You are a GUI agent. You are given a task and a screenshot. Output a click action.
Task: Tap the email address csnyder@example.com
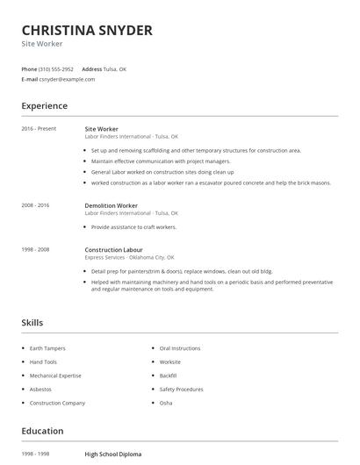[67, 79]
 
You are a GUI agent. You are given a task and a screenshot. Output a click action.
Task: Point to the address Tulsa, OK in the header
[116, 68]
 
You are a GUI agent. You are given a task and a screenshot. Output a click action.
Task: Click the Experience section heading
[44, 106]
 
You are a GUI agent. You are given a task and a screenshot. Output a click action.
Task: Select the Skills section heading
[32, 323]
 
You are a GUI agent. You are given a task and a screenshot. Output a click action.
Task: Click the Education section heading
[42, 431]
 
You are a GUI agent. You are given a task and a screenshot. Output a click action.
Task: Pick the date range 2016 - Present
[39, 129]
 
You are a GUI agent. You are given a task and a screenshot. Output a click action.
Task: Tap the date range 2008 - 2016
[35, 205]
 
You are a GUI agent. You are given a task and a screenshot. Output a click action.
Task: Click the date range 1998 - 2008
[35, 249]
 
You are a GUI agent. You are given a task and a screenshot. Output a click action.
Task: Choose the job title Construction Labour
[114, 249]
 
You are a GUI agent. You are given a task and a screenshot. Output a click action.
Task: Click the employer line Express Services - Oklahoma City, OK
[129, 258]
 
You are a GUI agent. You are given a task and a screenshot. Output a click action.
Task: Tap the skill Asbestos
[40, 389]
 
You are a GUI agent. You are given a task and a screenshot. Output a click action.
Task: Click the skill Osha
[166, 403]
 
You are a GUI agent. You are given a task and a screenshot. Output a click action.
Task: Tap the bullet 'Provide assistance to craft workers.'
[133, 227]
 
